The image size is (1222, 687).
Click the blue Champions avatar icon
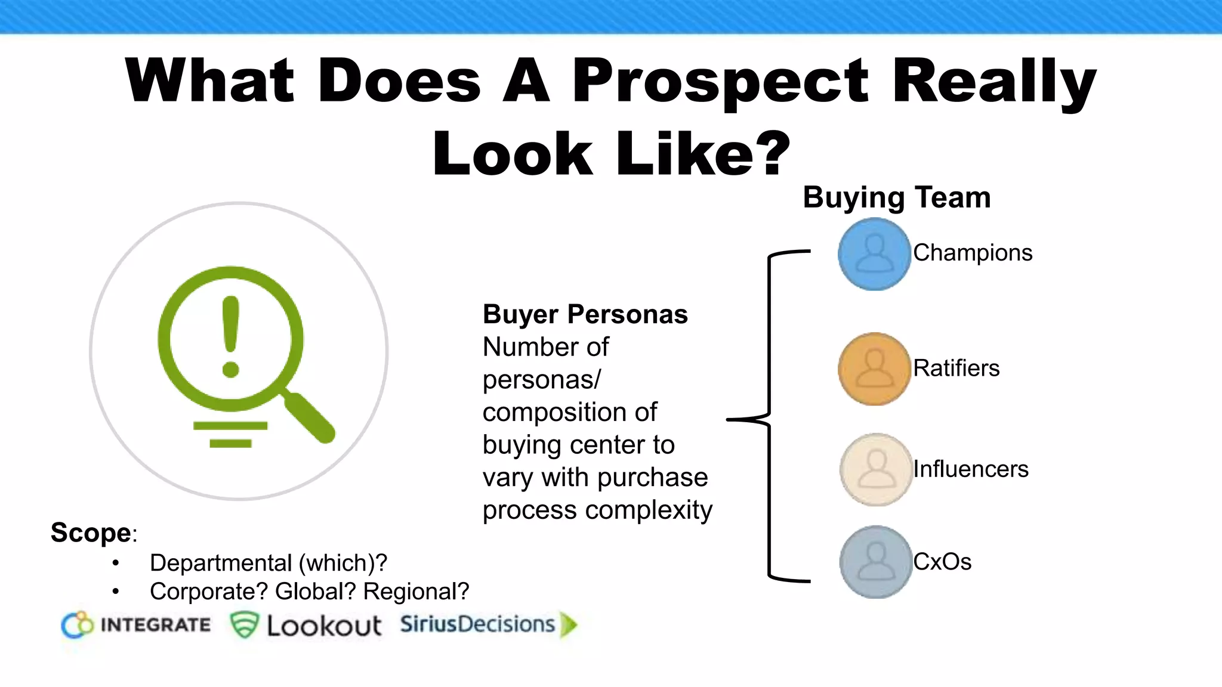874,254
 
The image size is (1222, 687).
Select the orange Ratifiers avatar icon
874,369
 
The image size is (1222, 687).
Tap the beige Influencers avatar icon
876,470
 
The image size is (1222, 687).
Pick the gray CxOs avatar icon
876,562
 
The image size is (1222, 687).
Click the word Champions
973,253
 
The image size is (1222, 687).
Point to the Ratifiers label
956,368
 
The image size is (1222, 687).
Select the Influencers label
971,469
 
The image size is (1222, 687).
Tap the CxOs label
942,562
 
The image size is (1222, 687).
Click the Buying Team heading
896,197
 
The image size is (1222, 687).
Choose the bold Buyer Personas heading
585,314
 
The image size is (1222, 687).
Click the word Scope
91,533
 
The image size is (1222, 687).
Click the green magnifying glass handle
310,417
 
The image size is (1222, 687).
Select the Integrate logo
136,625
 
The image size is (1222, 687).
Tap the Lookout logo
305,626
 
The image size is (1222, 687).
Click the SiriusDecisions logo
489,624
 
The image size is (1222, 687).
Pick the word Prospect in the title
720,82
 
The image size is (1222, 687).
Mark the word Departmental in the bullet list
221,563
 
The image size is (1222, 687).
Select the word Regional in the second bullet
416,592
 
